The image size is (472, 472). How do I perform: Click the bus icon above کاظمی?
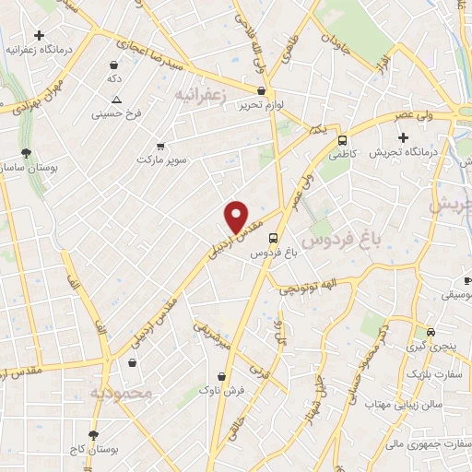point(342,141)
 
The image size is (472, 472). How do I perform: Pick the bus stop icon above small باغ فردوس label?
point(272,238)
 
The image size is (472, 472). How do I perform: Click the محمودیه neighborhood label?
point(120,394)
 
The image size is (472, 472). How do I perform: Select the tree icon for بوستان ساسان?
point(27,154)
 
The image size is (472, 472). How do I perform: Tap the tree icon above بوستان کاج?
point(93,434)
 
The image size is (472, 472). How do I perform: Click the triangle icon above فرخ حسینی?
point(116,100)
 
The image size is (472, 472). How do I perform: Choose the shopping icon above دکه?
point(113,65)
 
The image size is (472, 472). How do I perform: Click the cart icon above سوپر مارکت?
point(161,146)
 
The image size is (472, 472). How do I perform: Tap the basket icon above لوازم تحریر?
point(262,91)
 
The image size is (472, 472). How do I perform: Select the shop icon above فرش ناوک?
point(221,376)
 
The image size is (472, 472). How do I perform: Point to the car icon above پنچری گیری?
point(430,332)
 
